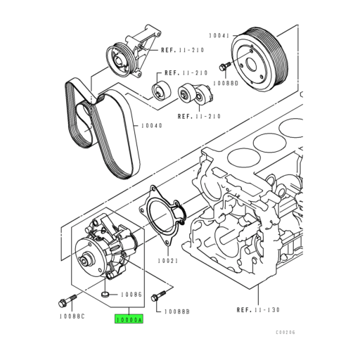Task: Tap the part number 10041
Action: [219, 34]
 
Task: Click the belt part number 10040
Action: [151, 126]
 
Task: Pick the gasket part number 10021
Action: [169, 259]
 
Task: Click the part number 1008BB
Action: [178, 311]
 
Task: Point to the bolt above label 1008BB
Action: [159, 295]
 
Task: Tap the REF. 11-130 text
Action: [259, 309]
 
